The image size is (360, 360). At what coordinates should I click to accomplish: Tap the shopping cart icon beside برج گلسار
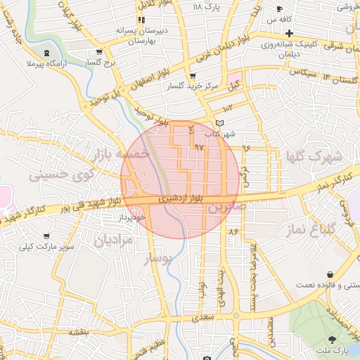(x=100, y=51)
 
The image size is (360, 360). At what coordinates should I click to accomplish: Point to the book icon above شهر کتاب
(x=219, y=122)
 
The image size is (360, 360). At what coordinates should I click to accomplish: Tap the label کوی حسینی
(x=58, y=174)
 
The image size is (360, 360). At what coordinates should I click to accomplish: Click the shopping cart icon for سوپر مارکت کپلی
(x=46, y=236)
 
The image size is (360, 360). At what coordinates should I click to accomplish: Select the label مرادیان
(x=113, y=240)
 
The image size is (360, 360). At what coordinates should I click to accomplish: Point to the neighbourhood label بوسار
(x=157, y=259)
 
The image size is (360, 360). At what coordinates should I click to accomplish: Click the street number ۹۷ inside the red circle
(x=198, y=148)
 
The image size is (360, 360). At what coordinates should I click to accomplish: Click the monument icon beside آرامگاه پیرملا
(x=46, y=53)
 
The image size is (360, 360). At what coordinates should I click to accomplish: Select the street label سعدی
(x=210, y=319)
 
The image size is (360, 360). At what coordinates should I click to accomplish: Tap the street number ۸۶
(x=233, y=231)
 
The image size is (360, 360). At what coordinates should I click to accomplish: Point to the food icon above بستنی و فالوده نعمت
(x=330, y=274)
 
